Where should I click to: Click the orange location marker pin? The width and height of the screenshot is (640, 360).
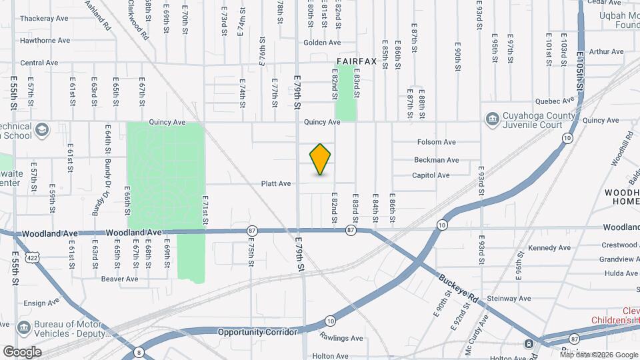321,159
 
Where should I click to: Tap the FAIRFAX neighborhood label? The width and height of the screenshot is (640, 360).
357,61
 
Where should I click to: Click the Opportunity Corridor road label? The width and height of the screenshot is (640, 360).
256,331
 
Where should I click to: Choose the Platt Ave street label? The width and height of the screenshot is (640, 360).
276,183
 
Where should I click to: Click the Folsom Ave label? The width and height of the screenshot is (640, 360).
436,142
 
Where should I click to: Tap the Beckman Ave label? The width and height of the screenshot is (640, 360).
436,160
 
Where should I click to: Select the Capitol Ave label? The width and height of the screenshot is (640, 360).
431,175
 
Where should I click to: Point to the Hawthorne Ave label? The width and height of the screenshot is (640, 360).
45,40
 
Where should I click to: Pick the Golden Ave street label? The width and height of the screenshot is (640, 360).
322,43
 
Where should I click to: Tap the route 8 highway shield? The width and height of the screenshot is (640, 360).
139,352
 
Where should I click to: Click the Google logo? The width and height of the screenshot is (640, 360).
22,352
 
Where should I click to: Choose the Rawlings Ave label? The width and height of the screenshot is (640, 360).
341,338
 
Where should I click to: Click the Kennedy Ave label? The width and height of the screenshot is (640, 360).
549,248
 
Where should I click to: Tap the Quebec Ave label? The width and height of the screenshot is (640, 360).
559,101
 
